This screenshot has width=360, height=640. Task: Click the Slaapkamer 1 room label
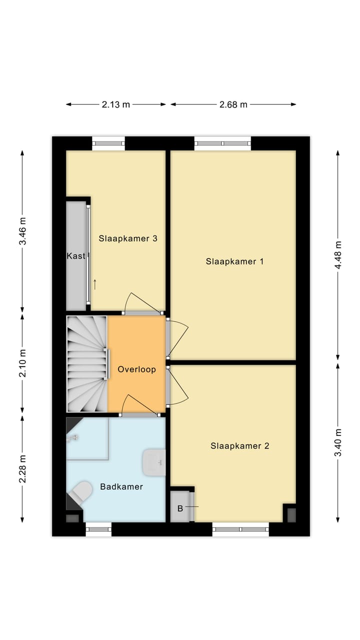coord(234,261)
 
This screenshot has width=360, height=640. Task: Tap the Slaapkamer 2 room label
coord(239,445)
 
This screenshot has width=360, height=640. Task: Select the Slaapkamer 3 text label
coord(128,238)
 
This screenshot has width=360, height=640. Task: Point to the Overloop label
coord(136,369)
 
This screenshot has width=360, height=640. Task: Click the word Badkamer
coord(121,486)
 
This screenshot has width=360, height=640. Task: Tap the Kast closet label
coord(76,256)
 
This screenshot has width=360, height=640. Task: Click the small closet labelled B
coord(180,508)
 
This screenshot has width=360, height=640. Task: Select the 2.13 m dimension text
coord(116,104)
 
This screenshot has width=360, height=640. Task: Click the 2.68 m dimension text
coord(233,104)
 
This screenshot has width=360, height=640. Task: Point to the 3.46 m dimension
coord(22,231)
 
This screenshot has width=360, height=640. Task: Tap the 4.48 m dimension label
coord(338,255)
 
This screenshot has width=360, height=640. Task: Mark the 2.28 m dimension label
coord(22,468)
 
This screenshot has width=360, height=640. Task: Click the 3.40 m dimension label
coord(338,442)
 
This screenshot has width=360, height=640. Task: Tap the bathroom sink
coord(153,462)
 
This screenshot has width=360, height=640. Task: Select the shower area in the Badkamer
coord(87,438)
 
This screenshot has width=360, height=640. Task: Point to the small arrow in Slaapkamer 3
coord(94,284)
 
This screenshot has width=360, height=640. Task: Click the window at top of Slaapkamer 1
coord(222,143)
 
